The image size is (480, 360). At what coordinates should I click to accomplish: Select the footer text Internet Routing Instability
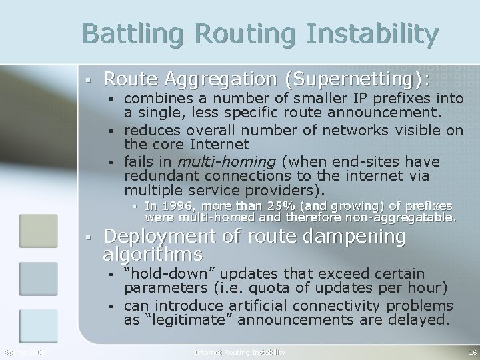tap(240, 351)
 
